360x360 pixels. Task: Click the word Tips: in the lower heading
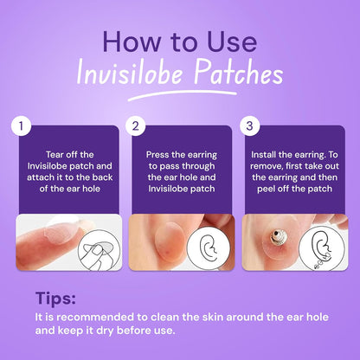pyautogui.click(x=55, y=299)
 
